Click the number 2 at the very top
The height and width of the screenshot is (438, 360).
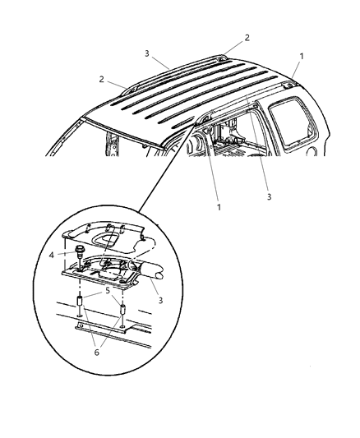pyautogui.click(x=247, y=37)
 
